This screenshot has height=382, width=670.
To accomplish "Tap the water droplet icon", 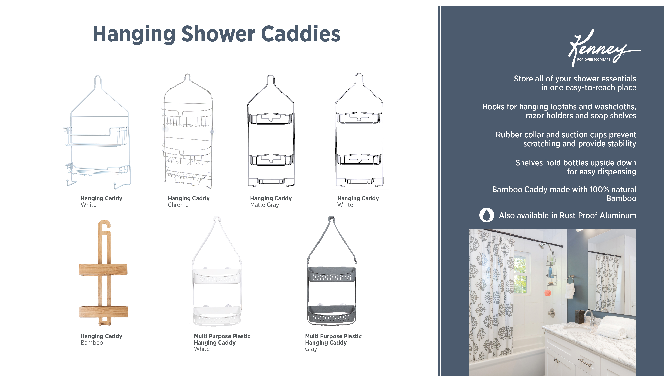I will (x=486, y=215).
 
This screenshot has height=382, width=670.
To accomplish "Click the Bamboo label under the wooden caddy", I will (x=92, y=343).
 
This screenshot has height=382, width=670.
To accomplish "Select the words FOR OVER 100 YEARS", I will (x=593, y=60).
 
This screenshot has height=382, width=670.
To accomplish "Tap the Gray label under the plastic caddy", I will (x=311, y=349).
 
